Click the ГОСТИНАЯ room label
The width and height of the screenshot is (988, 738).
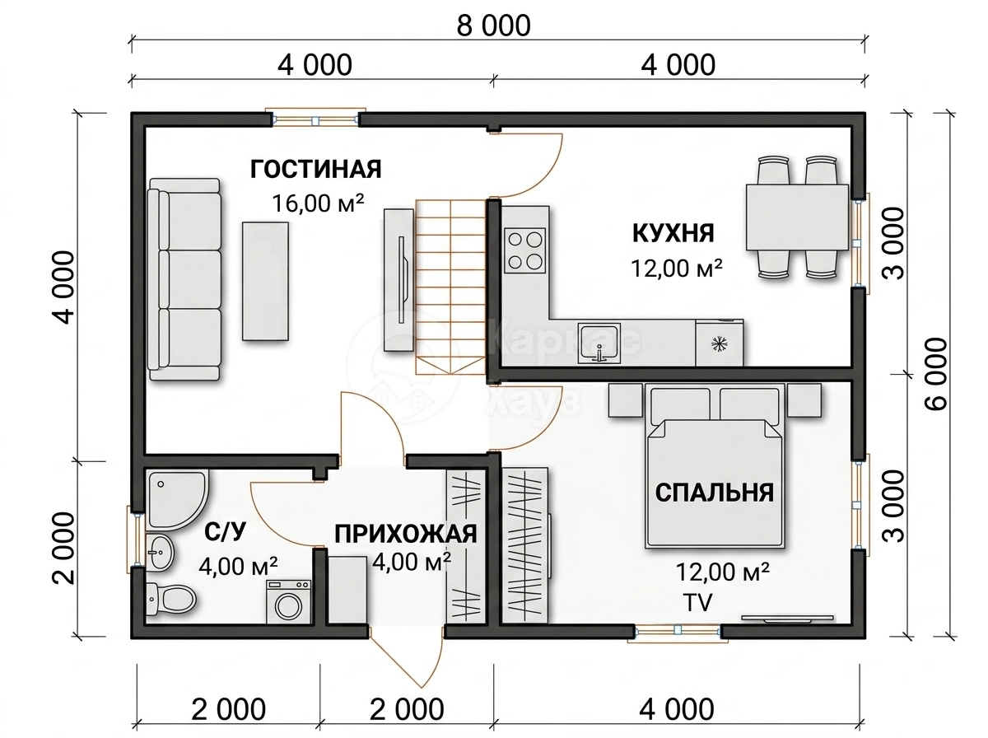(x=315, y=170)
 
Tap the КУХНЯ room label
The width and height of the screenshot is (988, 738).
(x=673, y=234)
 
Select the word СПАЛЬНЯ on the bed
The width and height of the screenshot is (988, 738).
(x=715, y=493)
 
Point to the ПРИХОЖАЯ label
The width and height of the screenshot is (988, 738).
(x=406, y=535)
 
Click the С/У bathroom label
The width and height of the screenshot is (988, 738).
(x=225, y=532)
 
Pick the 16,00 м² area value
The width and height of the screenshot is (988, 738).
(x=317, y=203)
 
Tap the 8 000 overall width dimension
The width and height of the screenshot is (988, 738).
(x=493, y=26)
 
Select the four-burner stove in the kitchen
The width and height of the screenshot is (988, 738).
(x=524, y=250)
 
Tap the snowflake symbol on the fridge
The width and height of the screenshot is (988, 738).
(x=720, y=344)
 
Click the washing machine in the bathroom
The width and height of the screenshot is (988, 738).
(x=288, y=601)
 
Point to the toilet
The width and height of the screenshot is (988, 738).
(x=170, y=600)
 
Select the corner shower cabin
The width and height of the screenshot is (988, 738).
(x=175, y=499)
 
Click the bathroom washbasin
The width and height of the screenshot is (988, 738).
(x=160, y=552)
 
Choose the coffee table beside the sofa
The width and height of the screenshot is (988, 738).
(x=265, y=282)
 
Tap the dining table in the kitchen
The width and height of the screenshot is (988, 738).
(x=797, y=217)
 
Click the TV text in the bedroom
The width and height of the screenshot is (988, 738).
(x=697, y=602)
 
